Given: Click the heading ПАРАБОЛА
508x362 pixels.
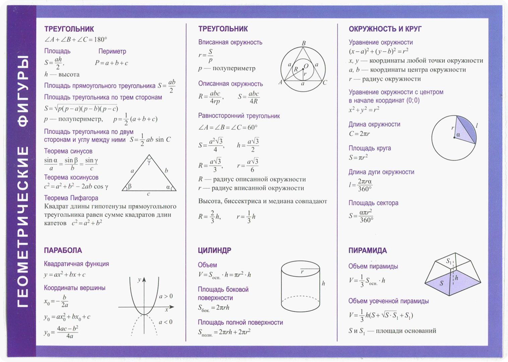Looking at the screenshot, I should tap(63, 250).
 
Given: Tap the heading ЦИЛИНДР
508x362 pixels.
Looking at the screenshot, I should tap(214, 250).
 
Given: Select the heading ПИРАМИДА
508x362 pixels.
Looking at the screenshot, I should tap(368, 250).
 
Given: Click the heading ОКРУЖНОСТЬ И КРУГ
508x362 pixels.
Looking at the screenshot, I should tap(385, 29).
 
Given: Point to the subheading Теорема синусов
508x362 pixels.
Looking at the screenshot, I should tap(68, 151).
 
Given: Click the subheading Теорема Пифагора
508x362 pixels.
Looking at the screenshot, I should tap(71, 198).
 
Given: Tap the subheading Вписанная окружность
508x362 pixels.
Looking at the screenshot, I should tap(230, 43).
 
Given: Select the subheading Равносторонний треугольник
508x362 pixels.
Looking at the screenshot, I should tap(239, 116).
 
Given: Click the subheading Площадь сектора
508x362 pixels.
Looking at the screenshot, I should tap(373, 203).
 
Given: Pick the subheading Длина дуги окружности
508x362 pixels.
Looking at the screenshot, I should tap(381, 172).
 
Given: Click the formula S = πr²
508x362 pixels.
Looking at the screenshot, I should tap(358, 157).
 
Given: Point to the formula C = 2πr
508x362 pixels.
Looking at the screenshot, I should tap(359, 134).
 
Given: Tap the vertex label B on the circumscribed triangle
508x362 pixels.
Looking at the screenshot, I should tap(304, 43).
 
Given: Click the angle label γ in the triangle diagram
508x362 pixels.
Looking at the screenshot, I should tap(149, 162).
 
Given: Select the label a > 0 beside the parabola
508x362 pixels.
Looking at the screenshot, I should tap(166, 296).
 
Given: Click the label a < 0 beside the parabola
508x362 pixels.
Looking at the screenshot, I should tap(166, 322).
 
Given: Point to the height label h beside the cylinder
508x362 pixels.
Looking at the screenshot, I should tap(323, 284).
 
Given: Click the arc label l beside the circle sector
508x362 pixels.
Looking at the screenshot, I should tap(477, 126).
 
